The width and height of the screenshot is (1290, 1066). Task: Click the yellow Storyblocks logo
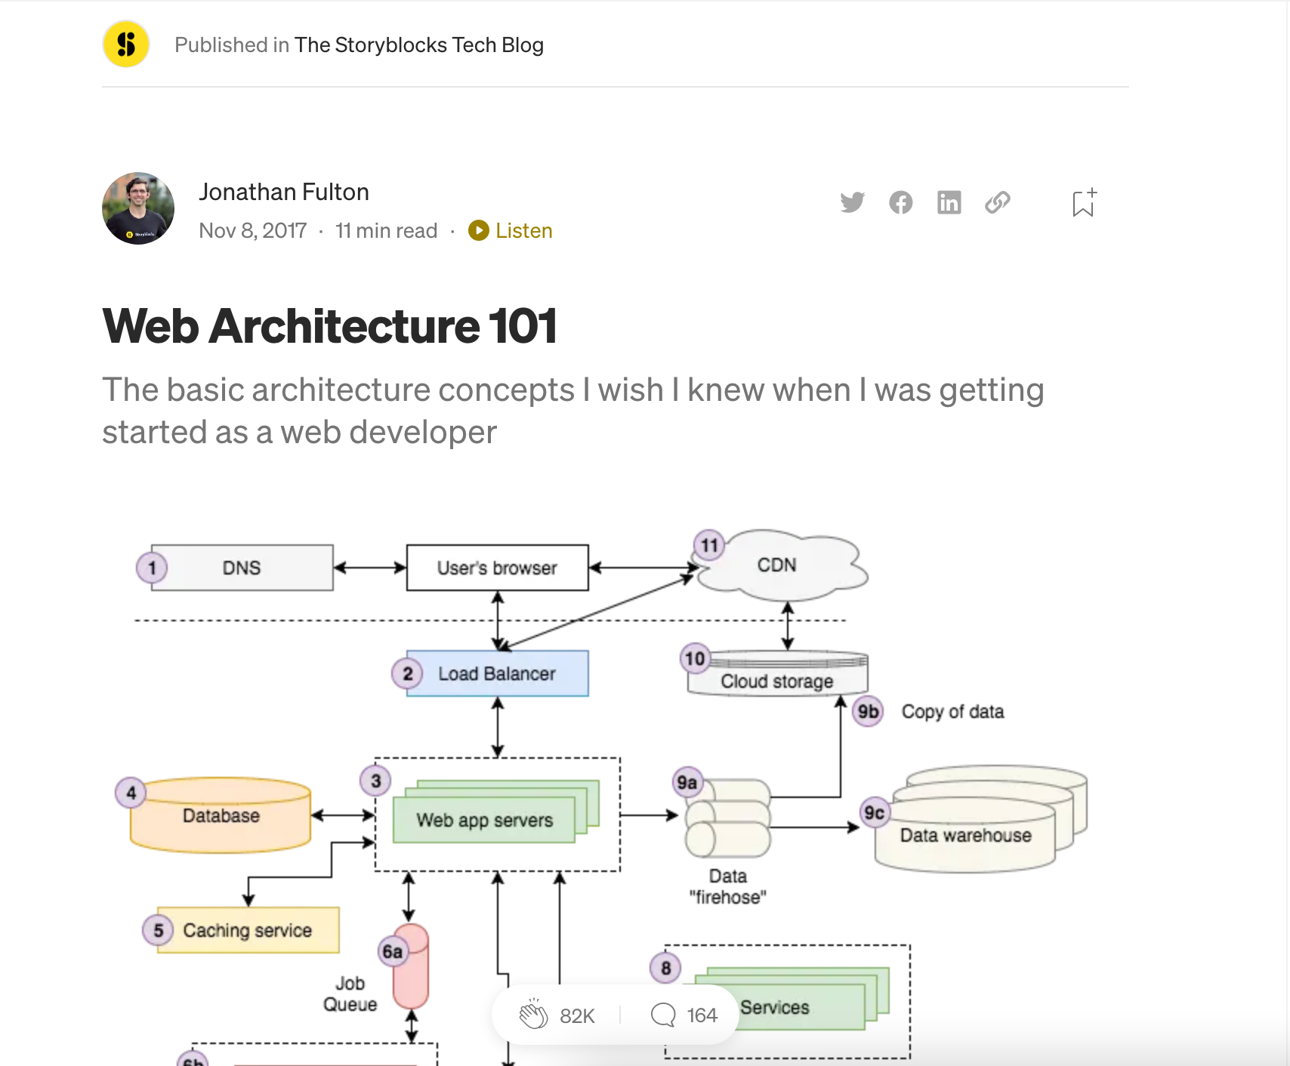click(126, 45)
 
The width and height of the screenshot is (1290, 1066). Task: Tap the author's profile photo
click(138, 208)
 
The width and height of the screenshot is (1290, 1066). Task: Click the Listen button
click(511, 230)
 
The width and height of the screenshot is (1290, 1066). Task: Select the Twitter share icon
click(852, 202)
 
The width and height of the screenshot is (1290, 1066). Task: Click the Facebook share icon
click(900, 202)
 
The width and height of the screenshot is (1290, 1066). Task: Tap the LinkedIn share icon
click(949, 202)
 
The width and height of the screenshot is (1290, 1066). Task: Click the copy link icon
click(997, 202)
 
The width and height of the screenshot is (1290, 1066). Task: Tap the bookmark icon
click(1083, 203)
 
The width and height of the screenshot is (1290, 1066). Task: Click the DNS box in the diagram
click(242, 568)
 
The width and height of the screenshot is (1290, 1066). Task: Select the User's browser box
click(497, 568)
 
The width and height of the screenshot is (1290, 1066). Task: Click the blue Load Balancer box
click(497, 673)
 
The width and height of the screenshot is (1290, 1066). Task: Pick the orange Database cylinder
click(221, 817)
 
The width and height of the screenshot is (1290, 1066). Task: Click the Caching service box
click(248, 930)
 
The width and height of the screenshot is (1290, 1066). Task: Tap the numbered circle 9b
click(868, 711)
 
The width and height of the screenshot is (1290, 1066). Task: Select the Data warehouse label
click(965, 835)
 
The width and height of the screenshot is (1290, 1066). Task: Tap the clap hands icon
click(533, 1015)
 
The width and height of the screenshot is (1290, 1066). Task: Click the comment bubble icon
click(663, 1015)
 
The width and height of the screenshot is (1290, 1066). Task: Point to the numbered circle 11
click(709, 545)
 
